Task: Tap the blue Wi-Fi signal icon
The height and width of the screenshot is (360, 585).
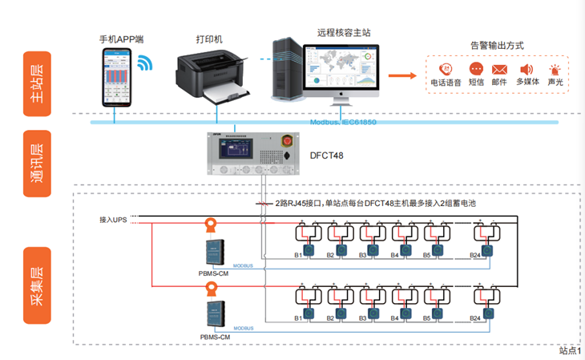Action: tap(145, 63)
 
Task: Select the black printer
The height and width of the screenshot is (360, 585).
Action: tap(211, 75)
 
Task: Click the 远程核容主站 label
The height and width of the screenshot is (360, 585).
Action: tap(344, 31)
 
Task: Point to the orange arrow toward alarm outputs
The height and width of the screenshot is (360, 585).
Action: tap(404, 75)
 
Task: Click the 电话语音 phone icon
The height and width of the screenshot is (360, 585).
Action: tap(446, 70)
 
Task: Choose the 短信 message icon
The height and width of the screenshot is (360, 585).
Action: tap(475, 70)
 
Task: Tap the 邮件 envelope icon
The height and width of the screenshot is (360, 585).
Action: tap(499, 70)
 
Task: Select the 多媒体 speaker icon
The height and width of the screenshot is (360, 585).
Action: tap(526, 70)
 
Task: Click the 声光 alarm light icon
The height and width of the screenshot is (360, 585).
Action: tap(554, 70)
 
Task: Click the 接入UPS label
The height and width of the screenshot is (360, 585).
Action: tap(112, 219)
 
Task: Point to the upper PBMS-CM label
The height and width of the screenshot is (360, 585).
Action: tap(214, 271)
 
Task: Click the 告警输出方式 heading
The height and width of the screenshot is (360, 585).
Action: tap(497, 46)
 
